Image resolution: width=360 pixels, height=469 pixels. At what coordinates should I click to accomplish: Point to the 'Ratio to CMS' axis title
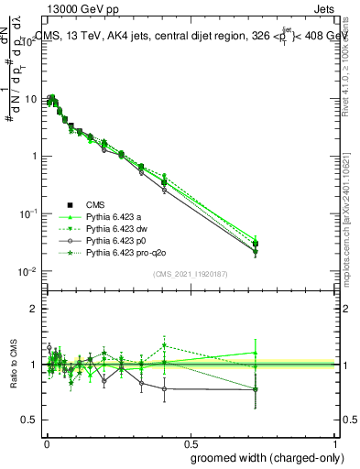tap(15, 365)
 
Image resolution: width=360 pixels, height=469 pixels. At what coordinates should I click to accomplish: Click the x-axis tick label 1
tap(335, 443)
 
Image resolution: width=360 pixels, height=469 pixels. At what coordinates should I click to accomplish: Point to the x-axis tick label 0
tap(46, 443)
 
